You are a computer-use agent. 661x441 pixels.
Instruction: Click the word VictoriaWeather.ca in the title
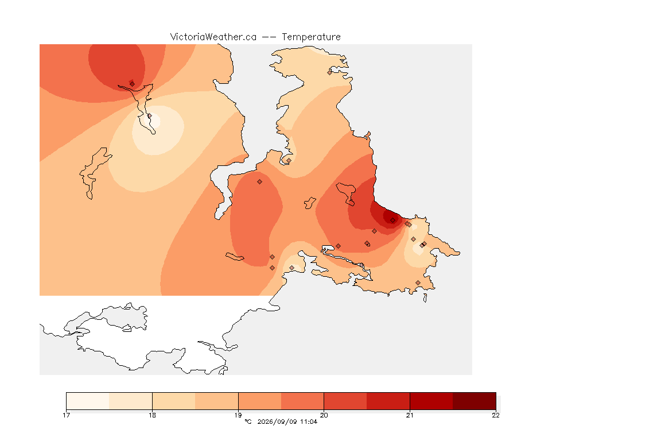[x=213, y=37]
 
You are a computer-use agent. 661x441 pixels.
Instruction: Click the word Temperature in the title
[x=311, y=37]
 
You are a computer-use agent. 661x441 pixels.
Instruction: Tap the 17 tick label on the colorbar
[x=66, y=415]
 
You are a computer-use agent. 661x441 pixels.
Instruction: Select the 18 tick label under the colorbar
[x=152, y=415]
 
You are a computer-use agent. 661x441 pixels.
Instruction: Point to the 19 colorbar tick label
[x=238, y=415]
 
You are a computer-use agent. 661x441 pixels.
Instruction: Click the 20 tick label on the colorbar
[x=324, y=415]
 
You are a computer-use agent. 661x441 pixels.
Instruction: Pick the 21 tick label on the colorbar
[x=410, y=415]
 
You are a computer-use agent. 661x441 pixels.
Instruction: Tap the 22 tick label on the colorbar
[x=496, y=415]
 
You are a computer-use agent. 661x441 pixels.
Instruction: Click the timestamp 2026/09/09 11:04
[x=287, y=421]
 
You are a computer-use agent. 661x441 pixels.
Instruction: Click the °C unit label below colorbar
[x=248, y=421]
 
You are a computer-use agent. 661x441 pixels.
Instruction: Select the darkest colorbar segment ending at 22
[x=475, y=401]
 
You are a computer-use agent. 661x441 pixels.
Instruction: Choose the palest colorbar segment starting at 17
[x=88, y=401]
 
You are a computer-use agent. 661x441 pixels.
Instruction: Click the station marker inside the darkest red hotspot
[x=393, y=220]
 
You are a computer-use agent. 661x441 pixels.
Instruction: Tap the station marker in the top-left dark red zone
[x=133, y=84]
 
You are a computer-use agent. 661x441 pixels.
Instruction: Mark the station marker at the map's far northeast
[x=330, y=72]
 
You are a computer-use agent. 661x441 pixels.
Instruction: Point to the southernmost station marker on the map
[x=418, y=283]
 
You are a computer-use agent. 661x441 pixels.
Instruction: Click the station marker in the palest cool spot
[x=149, y=115]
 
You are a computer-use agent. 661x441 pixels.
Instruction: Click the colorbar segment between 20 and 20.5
[x=345, y=401]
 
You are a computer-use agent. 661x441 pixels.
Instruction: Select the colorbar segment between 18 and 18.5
[x=174, y=401]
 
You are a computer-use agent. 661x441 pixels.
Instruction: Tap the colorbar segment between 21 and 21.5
[x=431, y=401]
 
